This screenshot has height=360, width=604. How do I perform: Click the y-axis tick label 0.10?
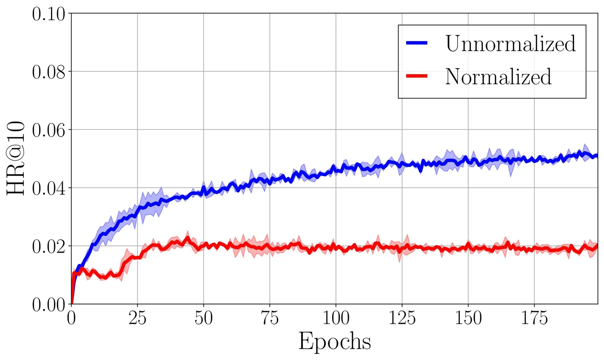[x=48, y=14]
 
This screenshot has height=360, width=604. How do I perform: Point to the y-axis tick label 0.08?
[x=48, y=72]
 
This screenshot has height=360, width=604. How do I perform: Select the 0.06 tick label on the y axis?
[x=48, y=131]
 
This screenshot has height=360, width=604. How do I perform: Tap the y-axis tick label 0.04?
[x=48, y=189]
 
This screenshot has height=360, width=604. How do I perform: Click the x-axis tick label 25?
[x=137, y=318]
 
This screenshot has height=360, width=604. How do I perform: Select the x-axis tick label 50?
[x=204, y=318]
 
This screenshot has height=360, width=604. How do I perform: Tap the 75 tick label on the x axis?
[x=270, y=318]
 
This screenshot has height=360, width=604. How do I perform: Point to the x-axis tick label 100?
[x=336, y=318]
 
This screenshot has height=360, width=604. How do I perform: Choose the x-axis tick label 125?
[x=402, y=318]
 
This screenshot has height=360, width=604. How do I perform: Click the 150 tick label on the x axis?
[x=468, y=318]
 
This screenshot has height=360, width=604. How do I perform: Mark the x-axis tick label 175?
[x=534, y=318]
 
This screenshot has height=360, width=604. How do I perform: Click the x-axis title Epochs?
[x=334, y=342]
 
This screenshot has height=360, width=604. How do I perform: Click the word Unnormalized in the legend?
[x=510, y=43]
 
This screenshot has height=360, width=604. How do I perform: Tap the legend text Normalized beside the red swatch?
[x=498, y=76]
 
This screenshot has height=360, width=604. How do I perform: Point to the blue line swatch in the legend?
[x=417, y=43]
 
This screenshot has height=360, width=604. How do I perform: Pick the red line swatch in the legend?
[x=417, y=76]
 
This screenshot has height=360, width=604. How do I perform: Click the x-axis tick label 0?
[x=71, y=318]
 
